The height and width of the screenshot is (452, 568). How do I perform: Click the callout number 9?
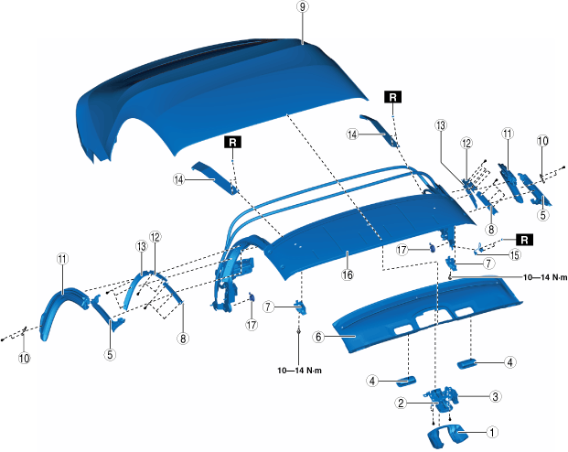click(301, 7)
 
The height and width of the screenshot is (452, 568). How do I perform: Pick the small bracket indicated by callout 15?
click(482, 248)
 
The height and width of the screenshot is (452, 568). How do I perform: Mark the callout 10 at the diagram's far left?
click(24, 360)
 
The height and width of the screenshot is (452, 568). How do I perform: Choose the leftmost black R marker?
click(234, 144)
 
